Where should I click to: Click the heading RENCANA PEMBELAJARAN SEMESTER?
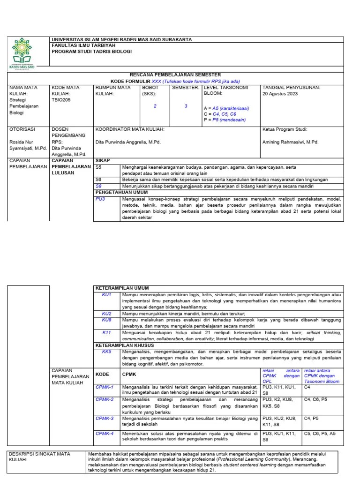tap(175, 75)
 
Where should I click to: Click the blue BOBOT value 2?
tap(155, 106)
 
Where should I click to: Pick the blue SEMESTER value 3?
tap(186, 106)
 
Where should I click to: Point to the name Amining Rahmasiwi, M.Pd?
tap(290, 141)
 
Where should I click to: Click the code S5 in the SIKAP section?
tap(98, 166)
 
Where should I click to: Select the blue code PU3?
tap(100, 199)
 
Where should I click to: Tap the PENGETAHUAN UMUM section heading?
tap(124, 192)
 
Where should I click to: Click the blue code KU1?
tap(107, 294)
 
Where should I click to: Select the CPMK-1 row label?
tap(105, 387)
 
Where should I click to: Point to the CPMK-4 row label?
tap(105, 433)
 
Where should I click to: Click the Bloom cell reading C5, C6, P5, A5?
tap(320, 434)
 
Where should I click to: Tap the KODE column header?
tap(102, 375)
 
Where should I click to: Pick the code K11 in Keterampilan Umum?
tap(107, 332)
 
